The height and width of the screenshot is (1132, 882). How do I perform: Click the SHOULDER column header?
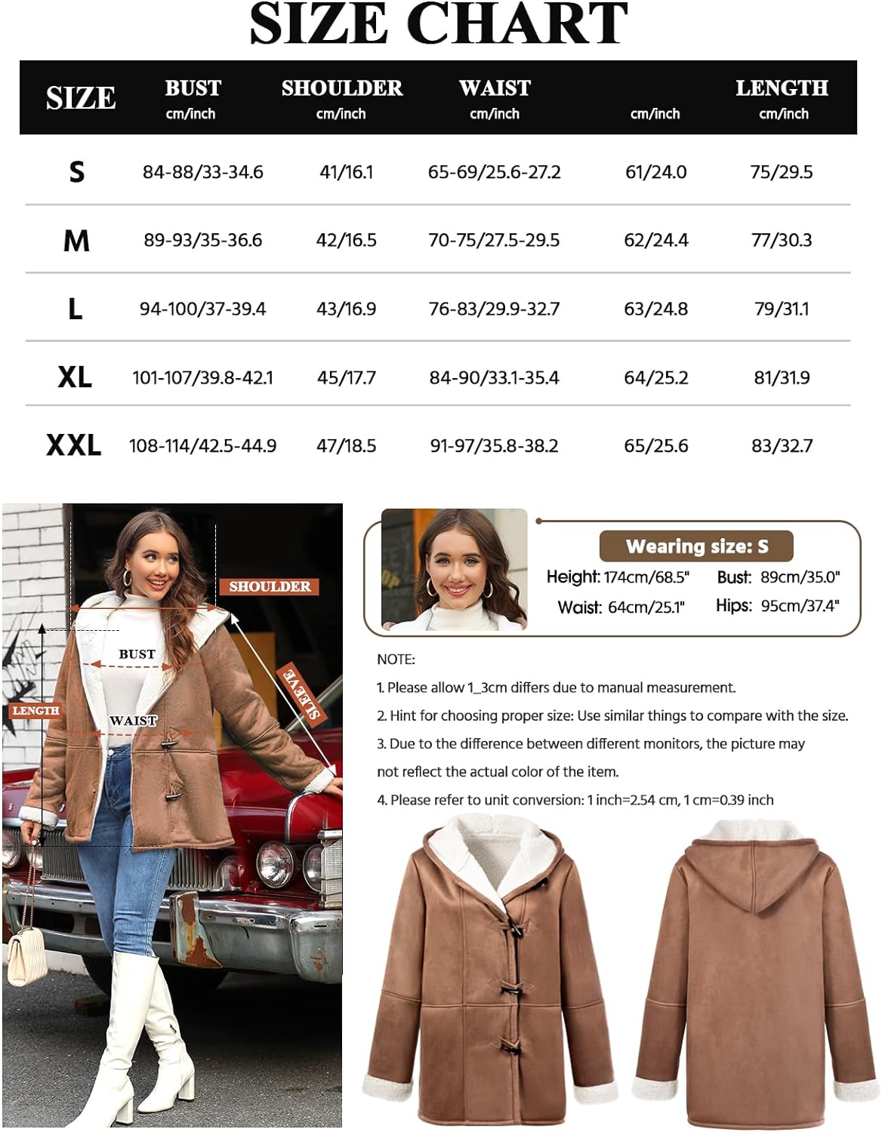pos(342,88)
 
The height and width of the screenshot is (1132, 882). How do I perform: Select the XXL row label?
pos(73,445)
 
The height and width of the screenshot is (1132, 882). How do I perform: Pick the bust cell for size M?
pos(203,240)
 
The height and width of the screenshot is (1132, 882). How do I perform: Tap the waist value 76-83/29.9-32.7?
pos(494,309)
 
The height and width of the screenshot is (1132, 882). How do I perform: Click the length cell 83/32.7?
pos(782,446)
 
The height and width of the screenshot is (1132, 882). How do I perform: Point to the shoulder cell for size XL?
pos(346,377)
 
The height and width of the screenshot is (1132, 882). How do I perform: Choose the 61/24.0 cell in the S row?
pos(655,172)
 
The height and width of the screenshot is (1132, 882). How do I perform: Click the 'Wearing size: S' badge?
pos(696,546)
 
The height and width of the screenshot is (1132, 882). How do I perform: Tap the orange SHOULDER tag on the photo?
pos(270,586)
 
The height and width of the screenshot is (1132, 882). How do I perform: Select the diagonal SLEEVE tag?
pos(301,693)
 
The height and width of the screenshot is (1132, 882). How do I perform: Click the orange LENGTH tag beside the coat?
pos(35,711)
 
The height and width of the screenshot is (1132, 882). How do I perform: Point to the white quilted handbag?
pos(27,958)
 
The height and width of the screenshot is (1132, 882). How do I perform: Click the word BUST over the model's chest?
pos(137,654)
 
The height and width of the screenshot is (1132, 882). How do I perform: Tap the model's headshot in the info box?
pos(454,569)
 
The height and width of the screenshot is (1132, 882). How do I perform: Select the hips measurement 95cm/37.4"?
pos(800,606)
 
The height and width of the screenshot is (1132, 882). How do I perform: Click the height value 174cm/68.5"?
pos(646,577)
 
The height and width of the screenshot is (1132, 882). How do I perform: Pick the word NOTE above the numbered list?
pos(396,660)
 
